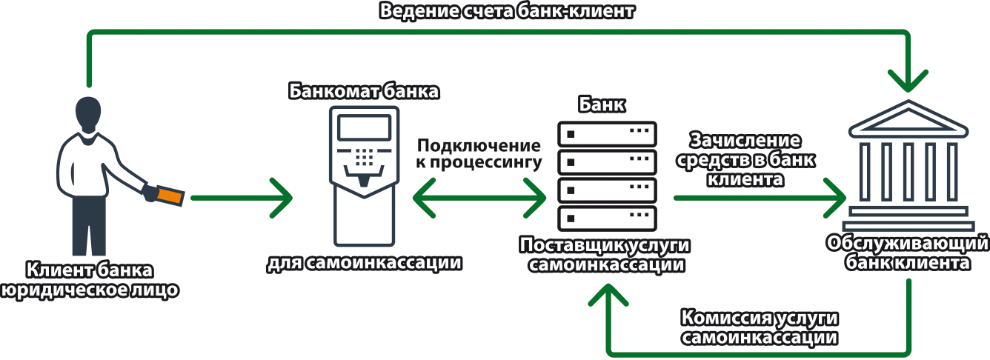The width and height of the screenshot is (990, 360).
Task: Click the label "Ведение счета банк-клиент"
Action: (509, 12)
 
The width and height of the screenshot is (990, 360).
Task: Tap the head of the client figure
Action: (88, 116)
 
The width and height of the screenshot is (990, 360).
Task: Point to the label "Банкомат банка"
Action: (364, 92)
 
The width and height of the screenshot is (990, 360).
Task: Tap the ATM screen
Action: (364, 128)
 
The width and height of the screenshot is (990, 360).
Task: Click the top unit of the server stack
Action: (607, 134)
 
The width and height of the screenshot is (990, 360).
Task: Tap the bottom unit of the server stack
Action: (607, 217)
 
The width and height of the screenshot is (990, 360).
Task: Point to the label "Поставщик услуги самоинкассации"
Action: (606, 255)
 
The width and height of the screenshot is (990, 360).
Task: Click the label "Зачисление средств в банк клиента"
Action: (745, 159)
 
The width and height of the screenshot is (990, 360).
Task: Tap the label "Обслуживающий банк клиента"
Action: (908, 253)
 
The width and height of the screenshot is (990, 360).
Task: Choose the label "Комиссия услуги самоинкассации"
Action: (760, 327)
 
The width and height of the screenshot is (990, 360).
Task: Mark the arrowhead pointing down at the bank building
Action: (908, 78)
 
